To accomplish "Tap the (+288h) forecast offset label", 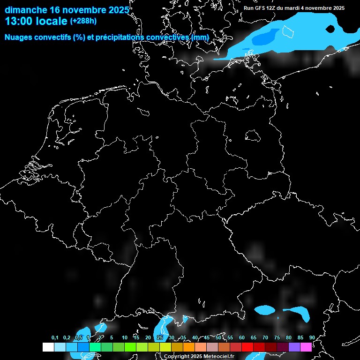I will click(83, 21).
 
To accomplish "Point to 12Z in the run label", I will click(271, 8).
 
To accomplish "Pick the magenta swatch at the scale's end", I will click(306, 347).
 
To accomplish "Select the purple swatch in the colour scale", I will click(294, 347).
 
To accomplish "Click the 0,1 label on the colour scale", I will click(55, 338).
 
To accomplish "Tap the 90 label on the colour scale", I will click(312, 338).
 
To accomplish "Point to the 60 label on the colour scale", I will click(241, 338).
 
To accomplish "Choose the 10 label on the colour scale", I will click(124, 338).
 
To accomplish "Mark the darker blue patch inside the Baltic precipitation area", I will click(265, 37).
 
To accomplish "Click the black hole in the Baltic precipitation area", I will click(330, 29).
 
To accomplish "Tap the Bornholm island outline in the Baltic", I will click(287, 32).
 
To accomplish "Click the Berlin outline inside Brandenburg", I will click(253, 135).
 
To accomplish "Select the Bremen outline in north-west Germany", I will click(144, 112).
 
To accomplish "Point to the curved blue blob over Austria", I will click(298, 313).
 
